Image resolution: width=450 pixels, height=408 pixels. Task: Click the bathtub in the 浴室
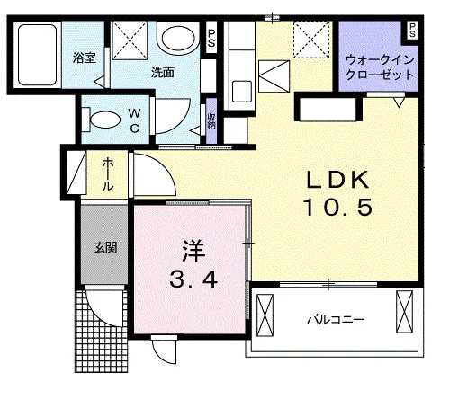(37, 55)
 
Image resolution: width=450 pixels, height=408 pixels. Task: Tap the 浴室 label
(85, 58)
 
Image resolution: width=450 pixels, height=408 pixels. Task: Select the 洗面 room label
(163, 73)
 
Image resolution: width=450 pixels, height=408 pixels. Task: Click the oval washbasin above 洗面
(178, 38)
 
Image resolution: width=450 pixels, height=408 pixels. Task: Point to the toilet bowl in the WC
(105, 120)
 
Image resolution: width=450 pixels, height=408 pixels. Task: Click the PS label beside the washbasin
(211, 38)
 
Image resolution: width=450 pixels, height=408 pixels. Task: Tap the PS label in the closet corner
(412, 31)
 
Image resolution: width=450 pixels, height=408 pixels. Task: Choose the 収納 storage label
(211, 120)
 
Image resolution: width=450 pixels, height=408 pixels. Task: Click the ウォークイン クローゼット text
(380, 67)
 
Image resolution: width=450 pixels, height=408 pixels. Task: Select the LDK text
(337, 180)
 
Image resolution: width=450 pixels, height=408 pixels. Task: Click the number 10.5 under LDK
(337, 207)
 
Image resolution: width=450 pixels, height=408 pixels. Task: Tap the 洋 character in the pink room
(193, 252)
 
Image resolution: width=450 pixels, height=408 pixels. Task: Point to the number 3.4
(193, 280)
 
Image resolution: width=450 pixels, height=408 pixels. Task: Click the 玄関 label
(105, 247)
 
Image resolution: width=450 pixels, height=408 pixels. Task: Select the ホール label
(108, 174)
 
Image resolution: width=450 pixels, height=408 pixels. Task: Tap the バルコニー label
(336, 320)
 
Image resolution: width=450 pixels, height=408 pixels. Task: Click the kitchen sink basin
(242, 91)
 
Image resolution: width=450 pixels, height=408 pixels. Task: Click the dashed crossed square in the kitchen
(311, 40)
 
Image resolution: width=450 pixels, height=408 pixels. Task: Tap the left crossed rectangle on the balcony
(265, 315)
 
